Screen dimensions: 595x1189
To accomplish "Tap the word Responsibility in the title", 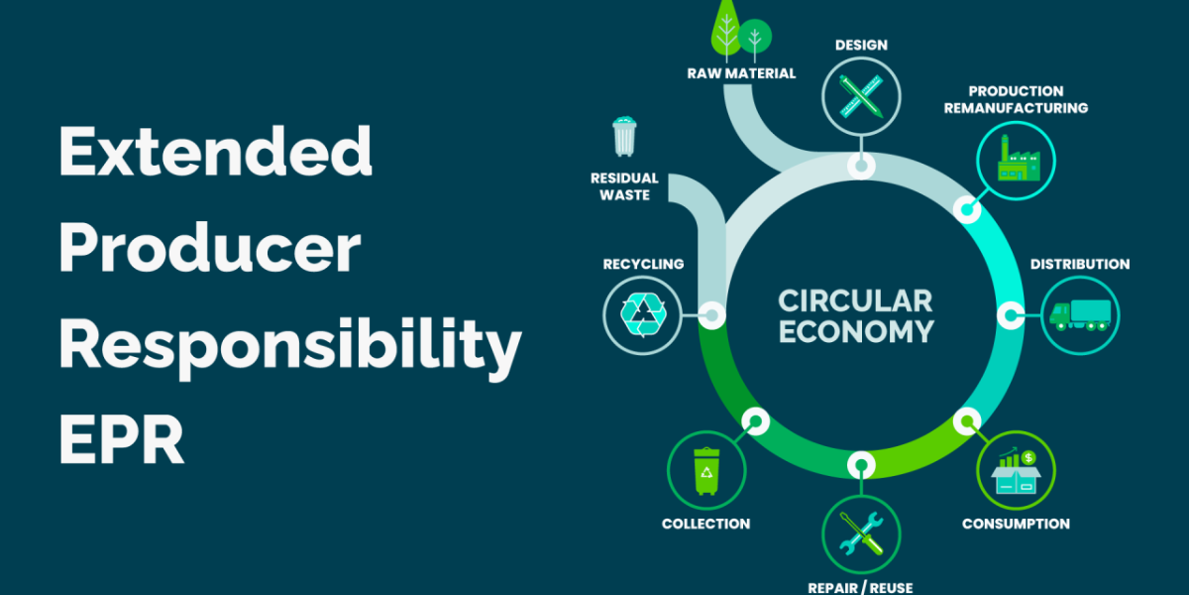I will (x=289, y=344).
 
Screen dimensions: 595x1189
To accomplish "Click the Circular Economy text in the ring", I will (x=855, y=315).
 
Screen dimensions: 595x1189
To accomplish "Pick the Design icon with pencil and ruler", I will (x=861, y=96).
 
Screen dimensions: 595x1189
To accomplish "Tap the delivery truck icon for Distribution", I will (x=1079, y=315).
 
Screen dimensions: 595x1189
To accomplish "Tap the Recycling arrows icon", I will (x=643, y=315).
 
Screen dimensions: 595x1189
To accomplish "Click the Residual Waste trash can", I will (x=624, y=137).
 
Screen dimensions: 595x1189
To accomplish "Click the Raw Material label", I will (x=741, y=72).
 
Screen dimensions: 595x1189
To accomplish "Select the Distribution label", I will (x=1079, y=264).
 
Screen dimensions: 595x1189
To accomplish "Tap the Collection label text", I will (x=705, y=523).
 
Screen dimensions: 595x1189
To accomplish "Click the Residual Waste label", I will (x=624, y=186).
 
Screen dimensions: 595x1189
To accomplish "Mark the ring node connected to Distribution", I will (x=1010, y=315).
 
